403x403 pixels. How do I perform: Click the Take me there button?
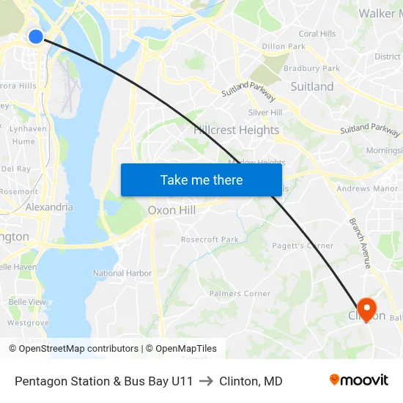[202, 180]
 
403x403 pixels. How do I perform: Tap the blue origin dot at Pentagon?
[36, 36]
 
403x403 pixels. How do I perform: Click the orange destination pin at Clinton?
[366, 308]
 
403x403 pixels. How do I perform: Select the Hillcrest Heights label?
[237, 130]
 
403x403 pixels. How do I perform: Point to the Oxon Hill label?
[171, 210]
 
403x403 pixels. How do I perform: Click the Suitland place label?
[311, 86]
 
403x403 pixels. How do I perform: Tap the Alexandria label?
[49, 207]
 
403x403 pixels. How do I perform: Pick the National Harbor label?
[122, 273]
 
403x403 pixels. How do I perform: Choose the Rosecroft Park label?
[210, 240]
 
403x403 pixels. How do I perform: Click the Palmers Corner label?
[240, 294]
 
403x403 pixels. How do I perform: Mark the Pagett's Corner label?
[303, 246]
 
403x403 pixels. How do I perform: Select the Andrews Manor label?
[367, 189]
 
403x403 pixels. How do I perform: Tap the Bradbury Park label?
[312, 68]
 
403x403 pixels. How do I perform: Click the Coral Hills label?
[317, 34]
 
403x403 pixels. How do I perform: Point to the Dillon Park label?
[284, 46]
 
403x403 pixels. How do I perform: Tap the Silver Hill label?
[265, 112]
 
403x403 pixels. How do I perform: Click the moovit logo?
[359, 380]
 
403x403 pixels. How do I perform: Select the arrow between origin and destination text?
[206, 381]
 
